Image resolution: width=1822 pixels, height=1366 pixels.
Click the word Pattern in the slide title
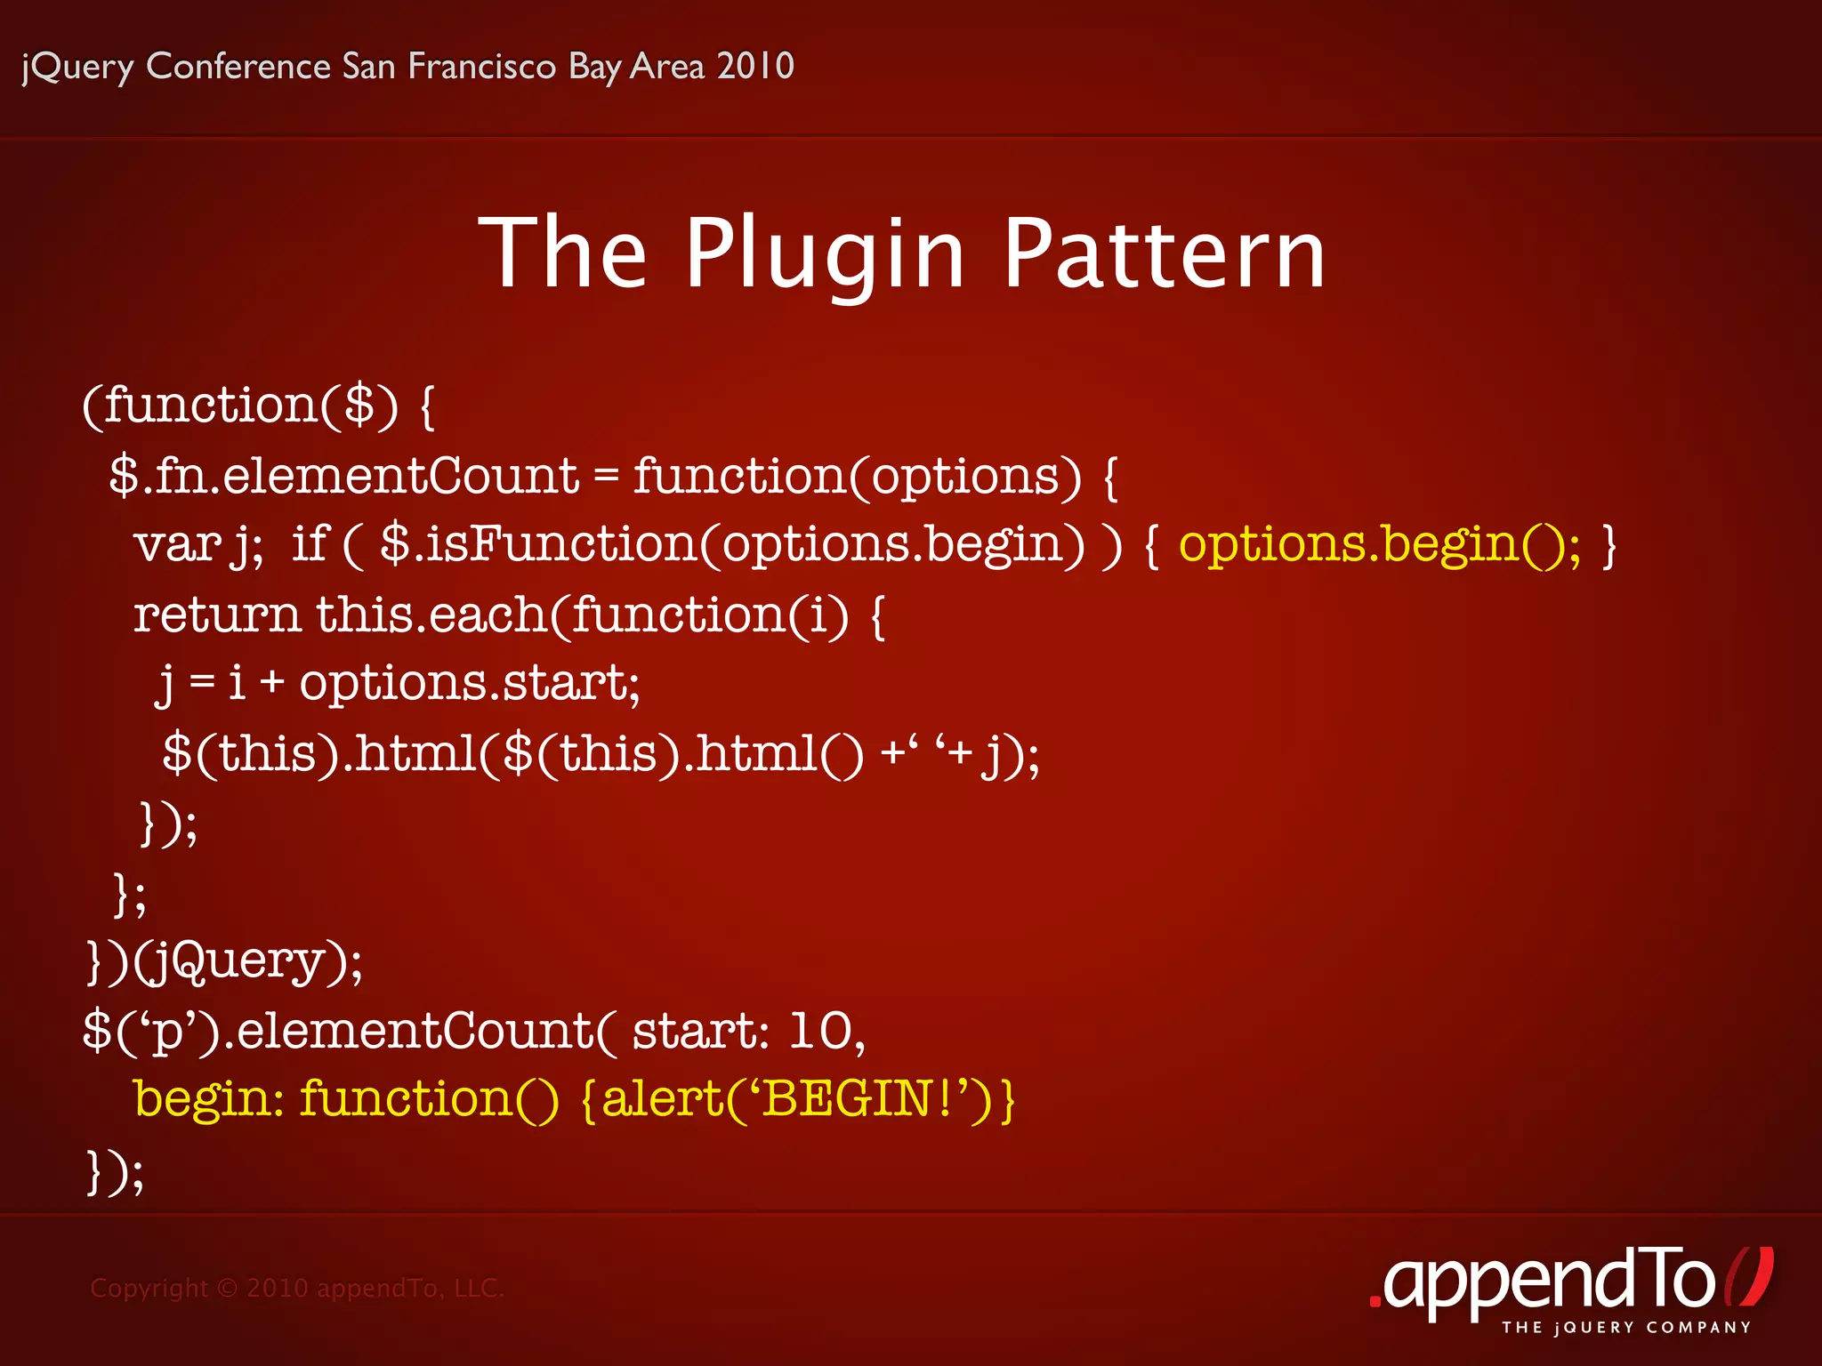tap(1165, 254)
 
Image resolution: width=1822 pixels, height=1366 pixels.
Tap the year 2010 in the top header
tap(755, 66)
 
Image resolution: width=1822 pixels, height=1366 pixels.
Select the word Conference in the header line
tap(238, 66)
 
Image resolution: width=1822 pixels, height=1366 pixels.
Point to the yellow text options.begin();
tap(1380, 543)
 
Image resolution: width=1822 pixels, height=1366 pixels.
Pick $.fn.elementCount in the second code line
tap(343, 475)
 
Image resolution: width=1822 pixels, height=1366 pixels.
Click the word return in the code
tap(217, 615)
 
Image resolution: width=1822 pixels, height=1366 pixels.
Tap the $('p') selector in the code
tap(151, 1032)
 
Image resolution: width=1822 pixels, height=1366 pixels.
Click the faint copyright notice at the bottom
tap(297, 1288)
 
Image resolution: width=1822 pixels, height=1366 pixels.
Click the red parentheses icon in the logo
tap(1749, 1276)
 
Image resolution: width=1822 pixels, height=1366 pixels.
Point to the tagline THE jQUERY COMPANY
tap(1626, 1328)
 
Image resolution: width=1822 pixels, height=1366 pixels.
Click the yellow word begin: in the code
tap(208, 1099)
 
